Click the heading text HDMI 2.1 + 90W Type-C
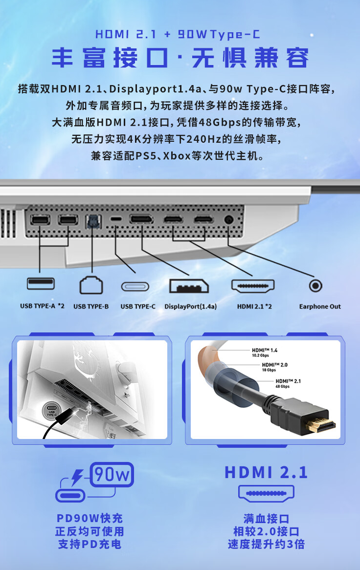click(x=178, y=34)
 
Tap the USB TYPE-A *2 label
click(x=42, y=307)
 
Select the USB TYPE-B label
click(x=91, y=307)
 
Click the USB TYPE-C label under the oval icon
click(x=138, y=307)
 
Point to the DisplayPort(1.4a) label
click(x=190, y=307)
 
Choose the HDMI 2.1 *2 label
click(x=254, y=307)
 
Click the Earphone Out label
click(x=320, y=307)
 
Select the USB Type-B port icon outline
click(x=91, y=285)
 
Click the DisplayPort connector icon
click(x=189, y=285)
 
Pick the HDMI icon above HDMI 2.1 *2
click(x=253, y=285)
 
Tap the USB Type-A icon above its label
click(x=41, y=284)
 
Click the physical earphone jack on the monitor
click(x=228, y=220)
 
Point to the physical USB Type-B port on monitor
click(x=91, y=221)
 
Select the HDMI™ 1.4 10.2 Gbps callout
click(x=265, y=352)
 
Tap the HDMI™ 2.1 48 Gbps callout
click(x=288, y=383)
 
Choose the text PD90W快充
click(x=90, y=519)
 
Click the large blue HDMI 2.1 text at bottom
click(x=266, y=472)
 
